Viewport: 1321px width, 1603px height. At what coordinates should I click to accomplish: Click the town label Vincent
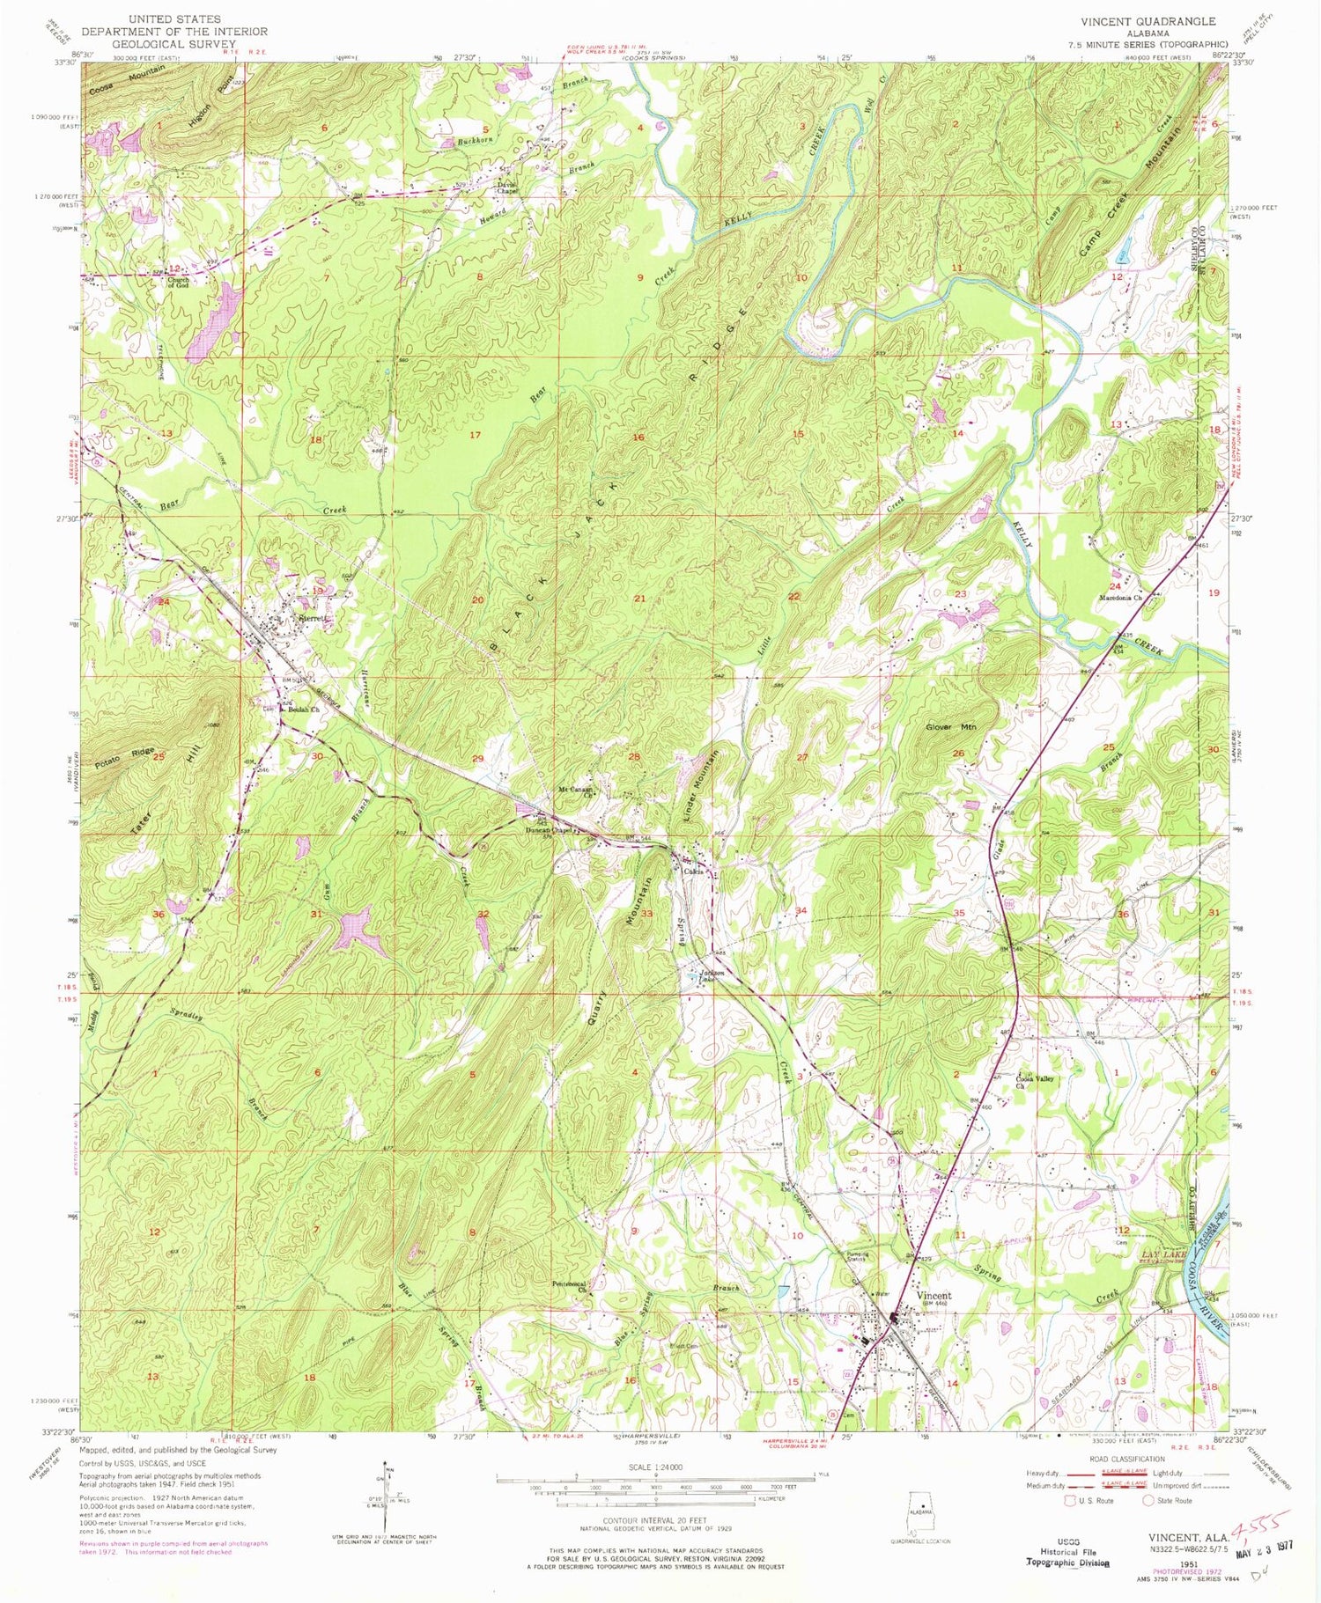tap(935, 1296)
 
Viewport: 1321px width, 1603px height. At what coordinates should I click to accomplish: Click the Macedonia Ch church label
tap(1118, 598)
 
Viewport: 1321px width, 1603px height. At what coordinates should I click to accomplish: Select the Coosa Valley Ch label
tap(1036, 1082)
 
